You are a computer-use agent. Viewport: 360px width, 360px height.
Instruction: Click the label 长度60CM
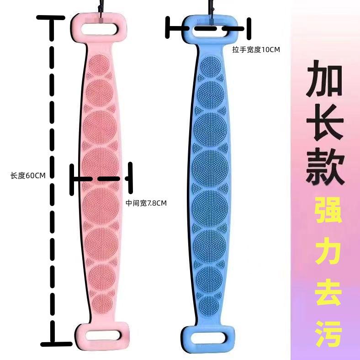point(28,175)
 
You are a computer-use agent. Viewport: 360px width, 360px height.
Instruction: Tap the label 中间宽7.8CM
point(146,203)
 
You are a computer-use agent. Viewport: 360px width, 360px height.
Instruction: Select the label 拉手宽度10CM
point(255,49)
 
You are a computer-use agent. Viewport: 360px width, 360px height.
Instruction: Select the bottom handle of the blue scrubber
point(210,339)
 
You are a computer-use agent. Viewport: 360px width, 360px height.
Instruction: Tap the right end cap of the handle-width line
point(250,28)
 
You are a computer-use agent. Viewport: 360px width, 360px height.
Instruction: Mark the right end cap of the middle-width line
point(131,178)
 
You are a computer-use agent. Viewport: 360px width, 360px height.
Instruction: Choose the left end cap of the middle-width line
point(72,179)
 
